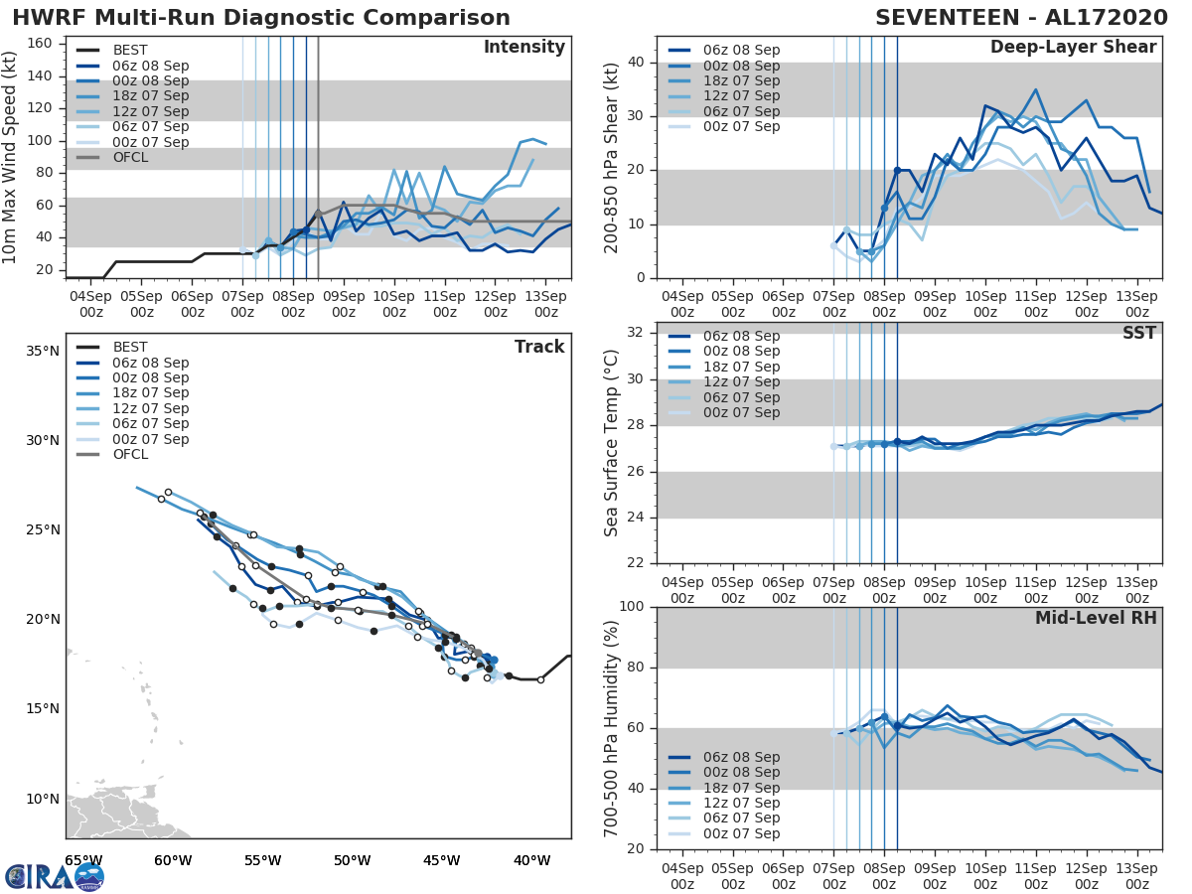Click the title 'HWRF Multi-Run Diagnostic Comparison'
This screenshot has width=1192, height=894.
click(x=261, y=18)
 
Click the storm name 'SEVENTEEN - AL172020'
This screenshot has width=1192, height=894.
click(x=1015, y=18)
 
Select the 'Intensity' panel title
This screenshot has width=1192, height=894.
click(x=523, y=48)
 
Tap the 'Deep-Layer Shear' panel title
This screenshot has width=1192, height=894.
click(x=1073, y=48)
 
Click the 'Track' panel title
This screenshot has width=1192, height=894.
click(x=538, y=347)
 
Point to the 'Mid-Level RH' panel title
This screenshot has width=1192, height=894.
click(x=1096, y=618)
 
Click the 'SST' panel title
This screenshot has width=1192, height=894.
click(x=1139, y=333)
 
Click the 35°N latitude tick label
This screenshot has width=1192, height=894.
click(x=42, y=351)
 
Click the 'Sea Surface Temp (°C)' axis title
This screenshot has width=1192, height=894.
click(x=612, y=444)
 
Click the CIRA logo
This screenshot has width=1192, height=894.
click(x=55, y=877)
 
